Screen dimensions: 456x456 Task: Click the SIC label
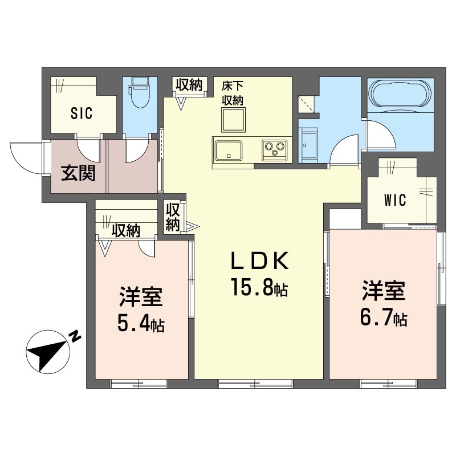(82, 113)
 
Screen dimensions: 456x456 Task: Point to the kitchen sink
(228, 150)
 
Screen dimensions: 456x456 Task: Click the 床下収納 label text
(233, 93)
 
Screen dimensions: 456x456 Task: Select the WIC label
(394, 200)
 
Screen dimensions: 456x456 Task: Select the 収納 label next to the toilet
(189, 85)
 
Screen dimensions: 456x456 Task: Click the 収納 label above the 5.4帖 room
(125, 230)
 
